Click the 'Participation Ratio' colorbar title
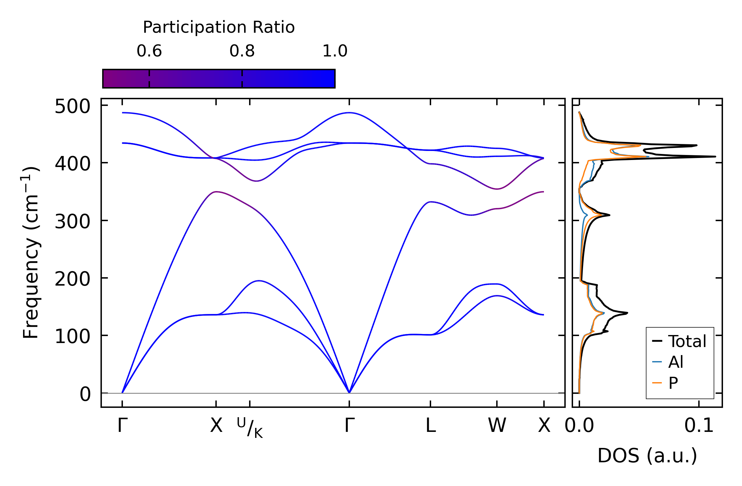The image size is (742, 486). (x=219, y=27)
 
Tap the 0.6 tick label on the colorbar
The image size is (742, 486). (x=149, y=51)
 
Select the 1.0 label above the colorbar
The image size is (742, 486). (x=335, y=51)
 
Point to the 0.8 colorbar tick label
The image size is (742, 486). (x=242, y=51)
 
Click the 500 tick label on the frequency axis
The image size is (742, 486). (x=72, y=107)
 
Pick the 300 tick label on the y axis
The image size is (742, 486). (x=72, y=221)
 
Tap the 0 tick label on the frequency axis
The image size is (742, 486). (x=85, y=394)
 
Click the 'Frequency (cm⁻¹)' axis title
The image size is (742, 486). (x=31, y=253)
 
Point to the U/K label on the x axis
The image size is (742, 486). (x=250, y=428)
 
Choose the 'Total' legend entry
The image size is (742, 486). (x=687, y=341)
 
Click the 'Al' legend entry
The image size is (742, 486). (x=676, y=362)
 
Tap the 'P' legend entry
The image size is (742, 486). (x=673, y=383)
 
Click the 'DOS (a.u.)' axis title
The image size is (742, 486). (x=647, y=456)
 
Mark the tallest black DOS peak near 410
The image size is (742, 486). (x=715, y=156)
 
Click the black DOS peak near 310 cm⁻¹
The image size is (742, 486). (x=609, y=215)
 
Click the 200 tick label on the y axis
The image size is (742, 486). (x=72, y=279)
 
